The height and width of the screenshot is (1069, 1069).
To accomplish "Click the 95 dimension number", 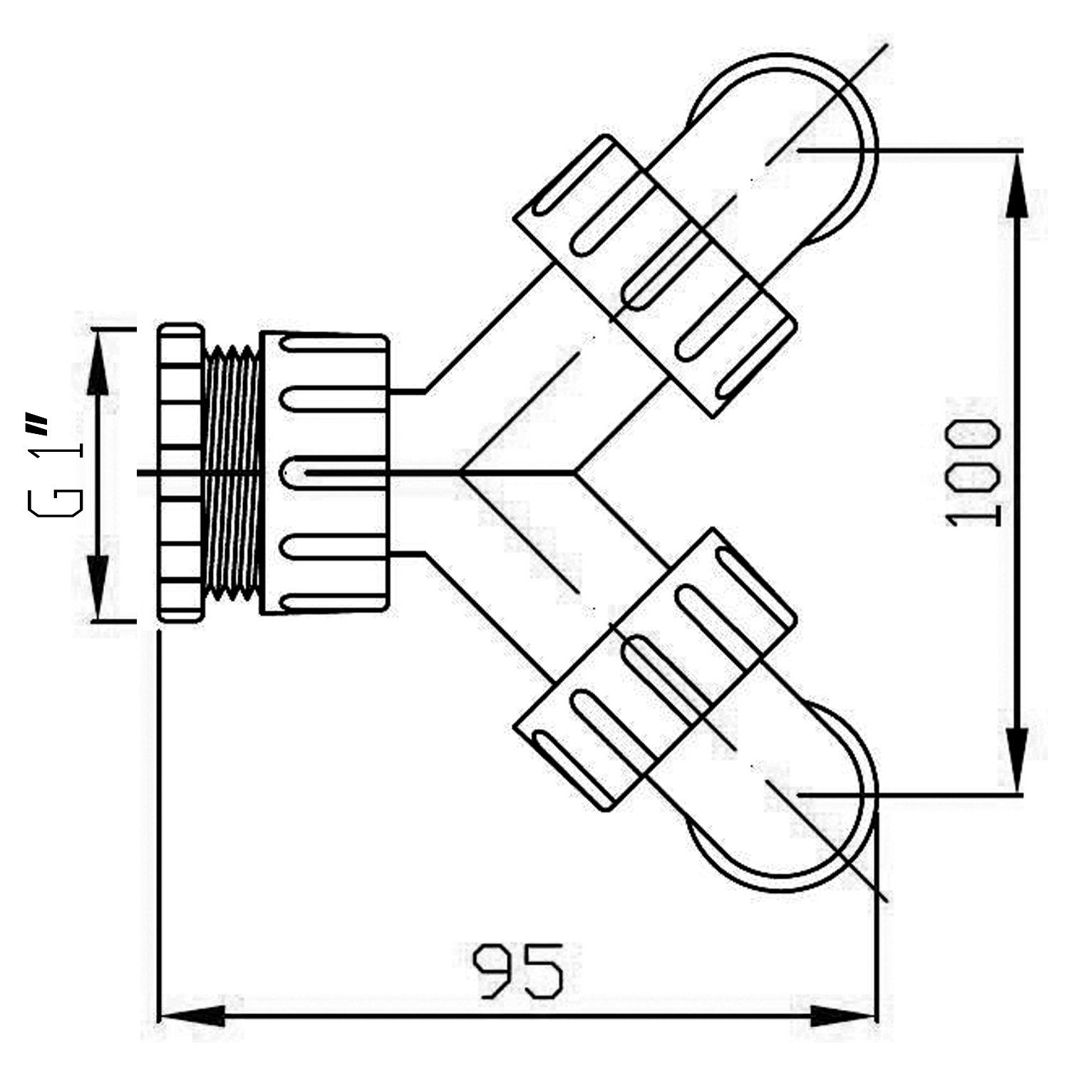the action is (519, 971).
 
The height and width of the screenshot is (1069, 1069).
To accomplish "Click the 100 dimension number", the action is (974, 472).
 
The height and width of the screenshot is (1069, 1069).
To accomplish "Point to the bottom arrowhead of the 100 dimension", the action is (1017, 760).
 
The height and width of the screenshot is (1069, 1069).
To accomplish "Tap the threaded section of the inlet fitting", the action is (231, 472).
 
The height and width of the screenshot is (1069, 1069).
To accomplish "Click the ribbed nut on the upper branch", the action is (654, 276).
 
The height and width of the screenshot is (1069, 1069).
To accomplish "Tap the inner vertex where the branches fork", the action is (574, 472).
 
